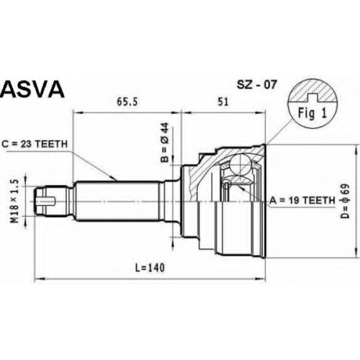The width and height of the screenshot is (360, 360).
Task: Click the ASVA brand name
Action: click(x=32, y=89)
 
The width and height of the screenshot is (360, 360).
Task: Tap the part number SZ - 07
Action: click(x=256, y=85)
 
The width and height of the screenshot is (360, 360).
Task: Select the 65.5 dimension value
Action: click(x=127, y=102)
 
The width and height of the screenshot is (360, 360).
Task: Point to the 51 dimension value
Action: click(x=223, y=102)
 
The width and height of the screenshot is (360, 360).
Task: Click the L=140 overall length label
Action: click(x=150, y=268)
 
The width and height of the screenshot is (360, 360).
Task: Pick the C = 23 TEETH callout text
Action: click(x=35, y=144)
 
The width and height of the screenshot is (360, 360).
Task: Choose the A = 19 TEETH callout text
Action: click(x=302, y=200)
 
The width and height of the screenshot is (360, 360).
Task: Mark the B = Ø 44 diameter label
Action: click(x=165, y=143)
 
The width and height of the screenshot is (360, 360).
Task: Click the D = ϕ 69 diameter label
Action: click(x=345, y=201)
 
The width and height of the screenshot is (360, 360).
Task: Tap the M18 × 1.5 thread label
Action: click(x=15, y=201)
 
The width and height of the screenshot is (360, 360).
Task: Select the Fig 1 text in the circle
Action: click(x=312, y=113)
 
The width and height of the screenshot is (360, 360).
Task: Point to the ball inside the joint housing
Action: click(x=240, y=165)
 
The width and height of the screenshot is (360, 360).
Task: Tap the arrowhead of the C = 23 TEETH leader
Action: click(x=114, y=179)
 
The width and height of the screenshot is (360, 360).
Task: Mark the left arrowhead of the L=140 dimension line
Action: click(x=40, y=279)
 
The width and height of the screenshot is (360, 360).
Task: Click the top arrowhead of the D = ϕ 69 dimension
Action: click(x=355, y=150)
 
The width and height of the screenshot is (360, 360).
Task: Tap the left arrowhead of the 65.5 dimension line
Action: click(x=77, y=112)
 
